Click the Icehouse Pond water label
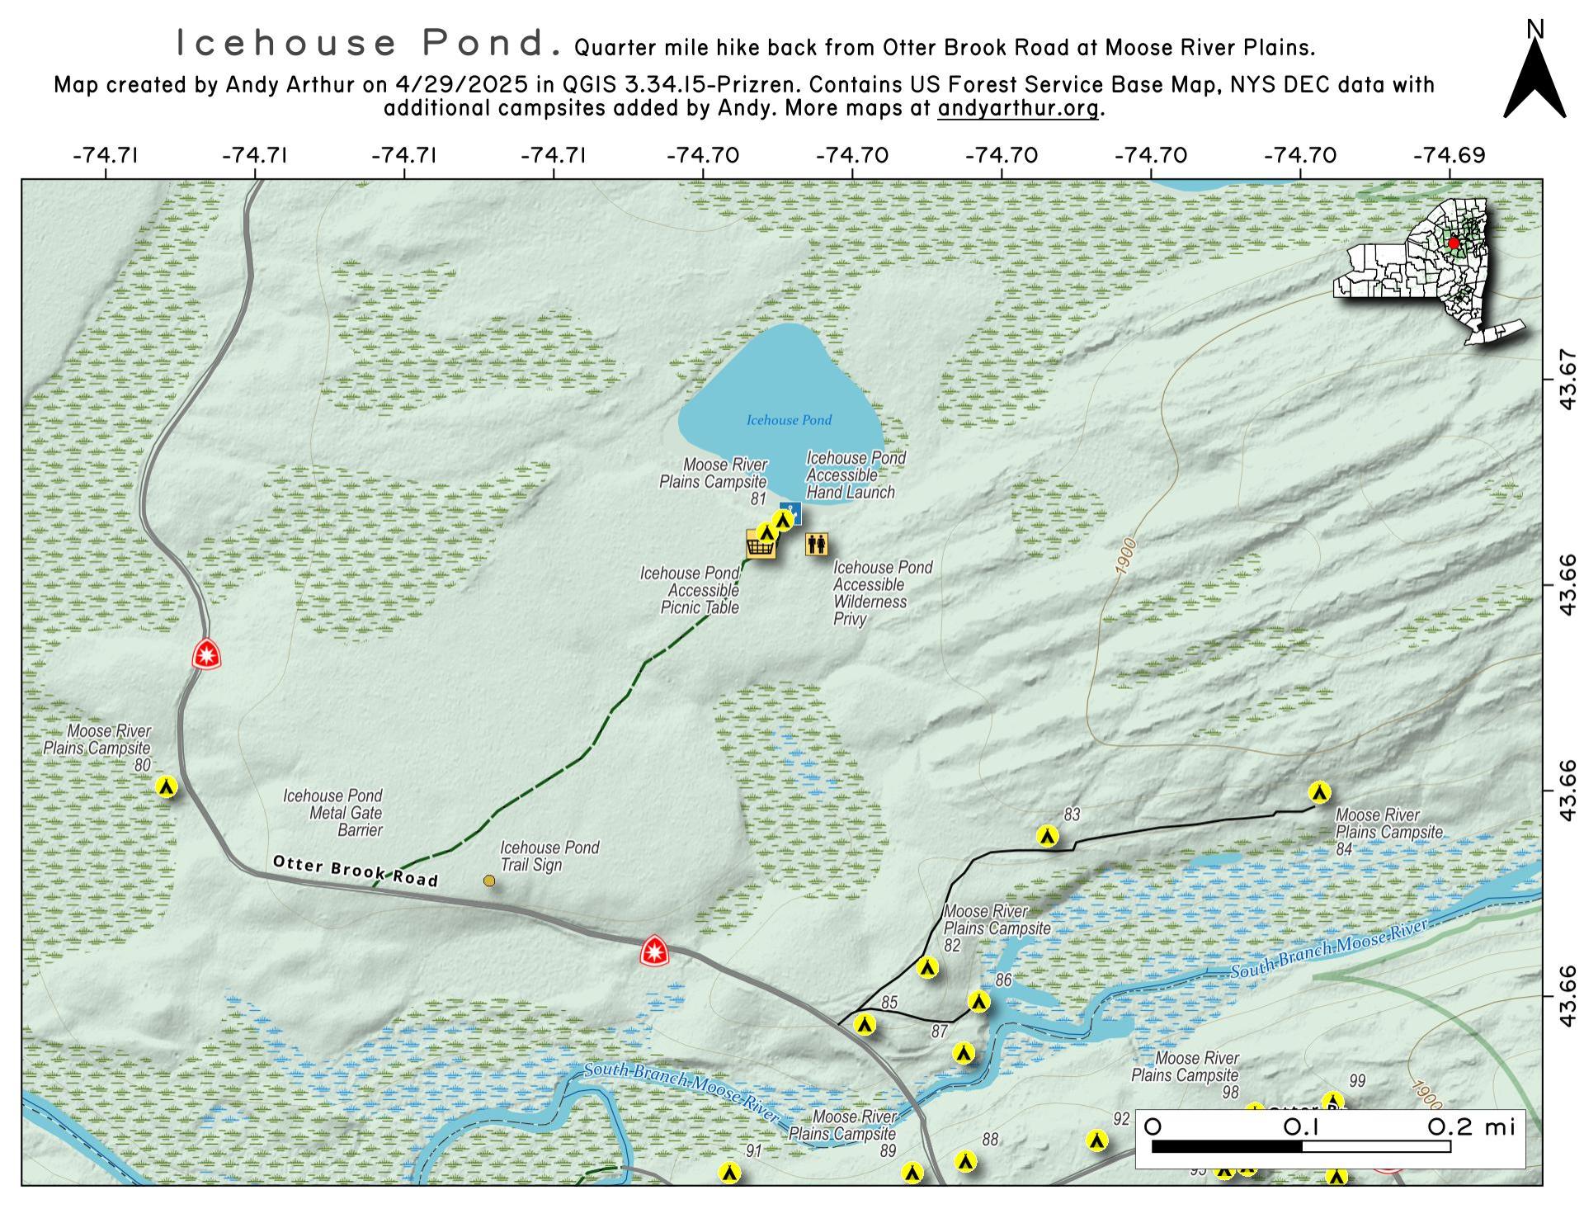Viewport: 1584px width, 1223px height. pyautogui.click(x=789, y=420)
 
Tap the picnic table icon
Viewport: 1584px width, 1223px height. pyautogui.click(x=761, y=545)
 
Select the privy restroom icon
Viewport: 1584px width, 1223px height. pyautogui.click(x=817, y=544)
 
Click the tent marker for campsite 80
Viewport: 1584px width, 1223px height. pyautogui.click(x=167, y=786)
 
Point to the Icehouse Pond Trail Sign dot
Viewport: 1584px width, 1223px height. pyautogui.click(x=489, y=881)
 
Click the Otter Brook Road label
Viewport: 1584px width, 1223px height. pyautogui.click(x=355, y=871)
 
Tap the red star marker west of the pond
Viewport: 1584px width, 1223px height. pyautogui.click(x=206, y=655)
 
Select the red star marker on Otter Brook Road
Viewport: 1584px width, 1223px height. pyautogui.click(x=655, y=952)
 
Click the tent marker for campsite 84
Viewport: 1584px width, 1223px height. pyautogui.click(x=1319, y=792)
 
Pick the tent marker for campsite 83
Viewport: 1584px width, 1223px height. pyautogui.click(x=1048, y=836)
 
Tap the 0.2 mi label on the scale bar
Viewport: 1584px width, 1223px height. pyautogui.click(x=1472, y=1126)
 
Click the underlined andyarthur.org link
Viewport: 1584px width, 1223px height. pyautogui.click(x=1017, y=108)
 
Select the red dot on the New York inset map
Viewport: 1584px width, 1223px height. pyautogui.click(x=1453, y=243)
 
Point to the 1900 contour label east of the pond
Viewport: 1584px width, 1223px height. pyautogui.click(x=1125, y=557)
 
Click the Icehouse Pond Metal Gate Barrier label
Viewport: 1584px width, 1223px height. pyautogui.click(x=333, y=813)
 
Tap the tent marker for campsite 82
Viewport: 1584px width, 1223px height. pyautogui.click(x=927, y=967)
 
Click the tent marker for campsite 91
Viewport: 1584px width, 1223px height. pyautogui.click(x=728, y=1173)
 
